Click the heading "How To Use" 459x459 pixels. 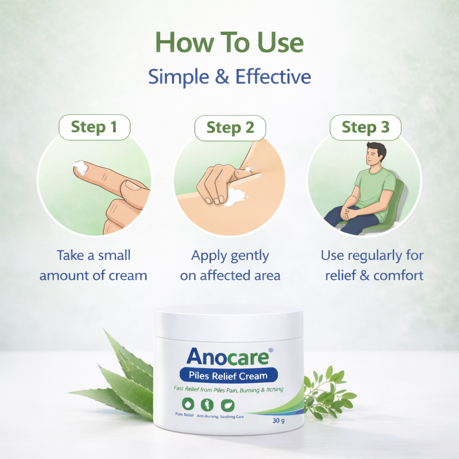pyautogui.click(x=229, y=43)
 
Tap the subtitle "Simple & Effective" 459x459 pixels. pyautogui.click(x=229, y=77)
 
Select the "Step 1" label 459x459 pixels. pyautogui.click(x=94, y=127)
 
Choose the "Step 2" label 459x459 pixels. pyautogui.click(x=230, y=128)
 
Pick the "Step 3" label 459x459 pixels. pyautogui.click(x=365, y=128)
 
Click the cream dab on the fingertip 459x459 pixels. pyautogui.click(x=81, y=167)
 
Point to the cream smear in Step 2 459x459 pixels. pyautogui.click(x=234, y=197)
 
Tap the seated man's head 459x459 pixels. pyautogui.click(x=375, y=154)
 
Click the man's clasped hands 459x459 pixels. pyautogui.click(x=348, y=213)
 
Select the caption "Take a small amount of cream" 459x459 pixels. pyautogui.click(x=93, y=265)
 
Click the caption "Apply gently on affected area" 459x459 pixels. pyautogui.click(x=230, y=265)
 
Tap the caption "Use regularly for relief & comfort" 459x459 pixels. pyautogui.click(x=372, y=265)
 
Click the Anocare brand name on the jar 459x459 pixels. pyautogui.click(x=227, y=356)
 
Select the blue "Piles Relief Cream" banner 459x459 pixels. pyautogui.click(x=228, y=376)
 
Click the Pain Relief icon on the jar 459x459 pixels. pyautogui.click(x=185, y=404)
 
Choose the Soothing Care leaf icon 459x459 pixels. pyautogui.click(x=227, y=404)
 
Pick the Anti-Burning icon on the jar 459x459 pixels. pyautogui.click(x=206, y=404)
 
